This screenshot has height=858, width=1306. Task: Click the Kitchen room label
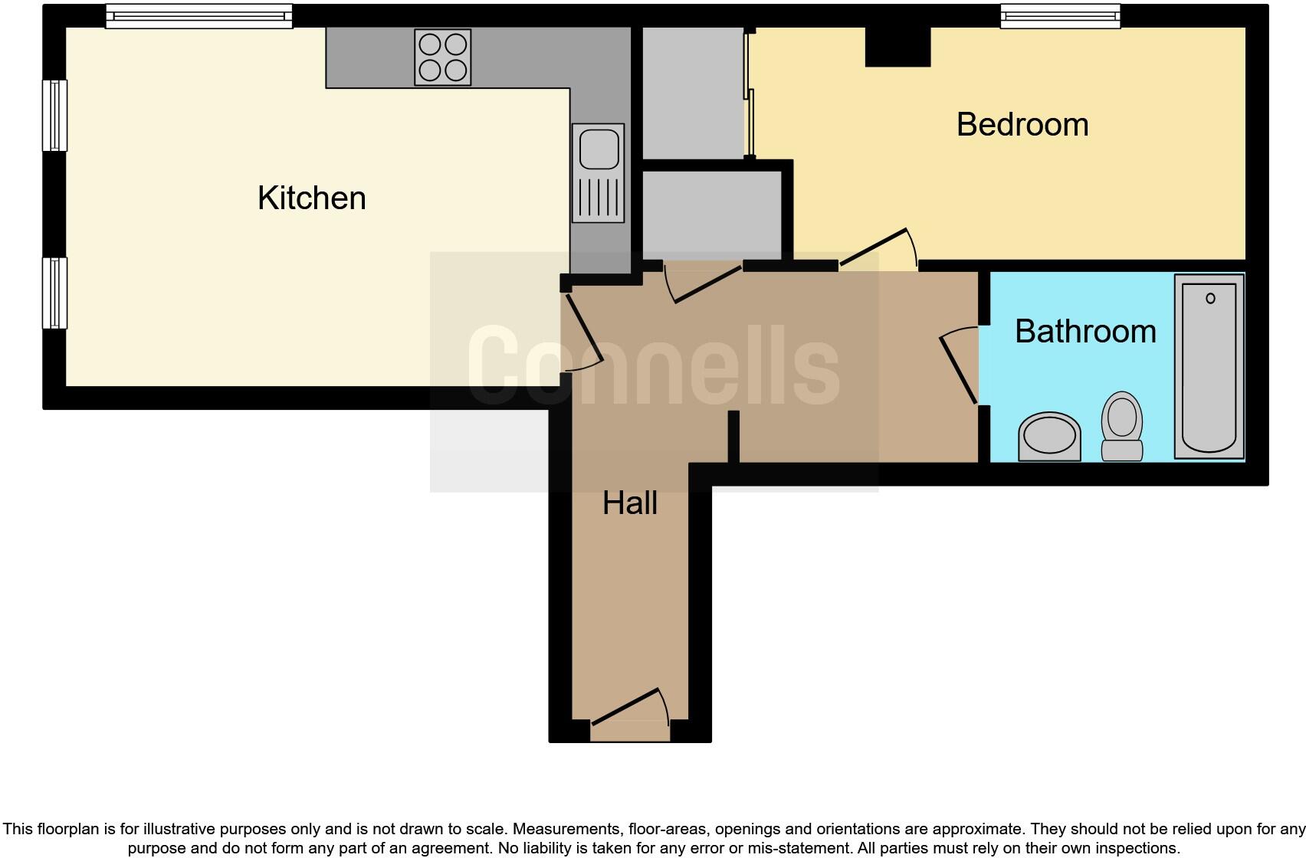click(311, 198)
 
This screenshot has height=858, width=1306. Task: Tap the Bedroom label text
click(1022, 125)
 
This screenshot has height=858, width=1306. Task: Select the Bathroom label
click(1085, 332)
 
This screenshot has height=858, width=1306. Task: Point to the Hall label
click(629, 503)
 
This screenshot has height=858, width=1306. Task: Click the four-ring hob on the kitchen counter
click(442, 57)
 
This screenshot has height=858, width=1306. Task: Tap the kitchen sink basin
click(599, 149)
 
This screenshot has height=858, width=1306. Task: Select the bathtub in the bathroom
click(1209, 366)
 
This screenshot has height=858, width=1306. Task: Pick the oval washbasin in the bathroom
click(1049, 437)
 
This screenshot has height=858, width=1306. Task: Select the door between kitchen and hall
click(582, 333)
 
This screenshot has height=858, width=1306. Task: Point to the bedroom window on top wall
click(1060, 15)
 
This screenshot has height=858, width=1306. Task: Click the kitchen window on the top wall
click(199, 15)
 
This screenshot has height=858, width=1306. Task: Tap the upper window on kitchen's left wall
click(54, 115)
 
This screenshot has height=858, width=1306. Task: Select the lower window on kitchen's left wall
click(54, 293)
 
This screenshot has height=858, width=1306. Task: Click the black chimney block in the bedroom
click(897, 47)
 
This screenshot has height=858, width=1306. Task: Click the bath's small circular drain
click(1210, 298)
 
